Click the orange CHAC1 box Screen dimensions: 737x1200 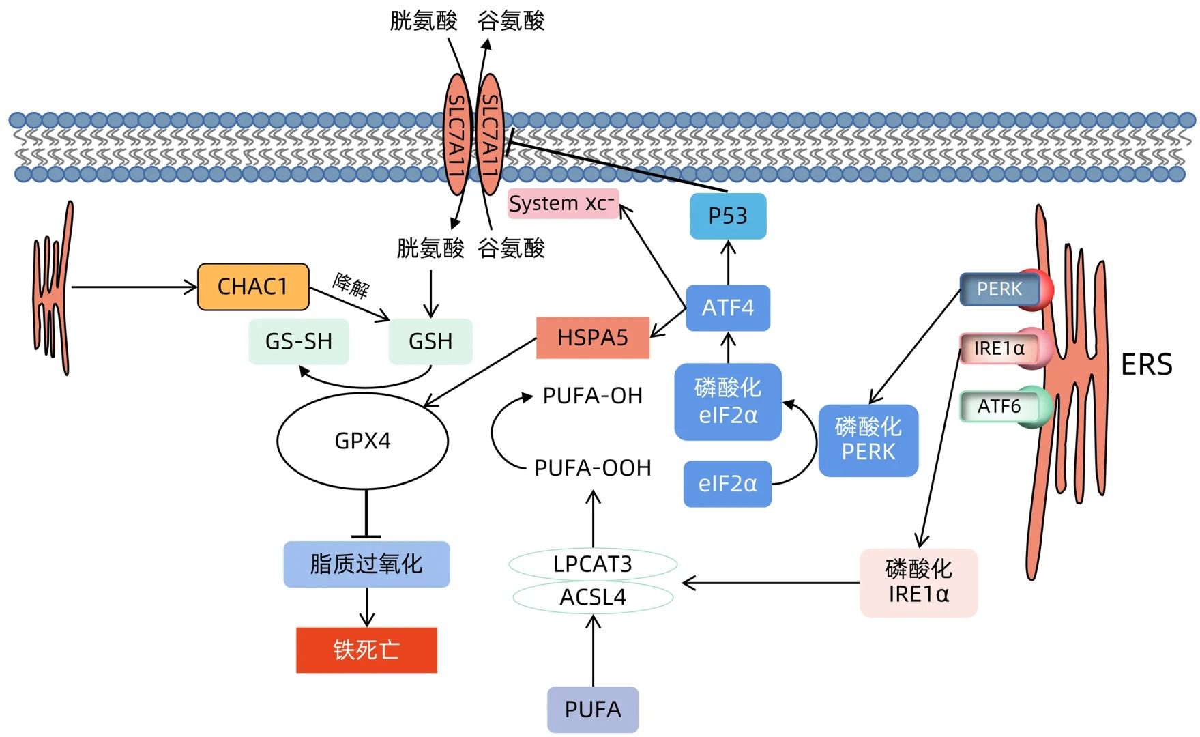tap(253, 287)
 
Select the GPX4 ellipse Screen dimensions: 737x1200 tap(362, 441)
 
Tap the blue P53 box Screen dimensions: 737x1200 tap(728, 216)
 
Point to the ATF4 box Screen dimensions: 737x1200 tap(728, 308)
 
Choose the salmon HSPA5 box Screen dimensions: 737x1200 tap(592, 338)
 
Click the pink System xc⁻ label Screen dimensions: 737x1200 tap(563, 203)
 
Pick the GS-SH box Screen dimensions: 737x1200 tap(299, 341)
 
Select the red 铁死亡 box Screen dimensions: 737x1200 tap(366, 650)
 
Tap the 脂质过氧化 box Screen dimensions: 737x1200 tap(366, 564)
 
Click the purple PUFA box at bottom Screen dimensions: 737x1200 tap(593, 710)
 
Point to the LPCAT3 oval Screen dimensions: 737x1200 tap(593, 564)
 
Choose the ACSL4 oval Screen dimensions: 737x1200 tap(593, 597)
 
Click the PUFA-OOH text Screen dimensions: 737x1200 tap(593, 468)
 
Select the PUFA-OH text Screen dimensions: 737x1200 tap(593, 396)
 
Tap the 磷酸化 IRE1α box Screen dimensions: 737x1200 tap(918, 582)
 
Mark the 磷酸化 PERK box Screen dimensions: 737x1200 tap(868, 440)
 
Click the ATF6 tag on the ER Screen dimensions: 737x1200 tap(999, 407)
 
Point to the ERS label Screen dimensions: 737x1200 tap(1146, 364)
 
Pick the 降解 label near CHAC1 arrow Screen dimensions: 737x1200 tap(351, 285)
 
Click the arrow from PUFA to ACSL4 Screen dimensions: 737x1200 tap(593, 652)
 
